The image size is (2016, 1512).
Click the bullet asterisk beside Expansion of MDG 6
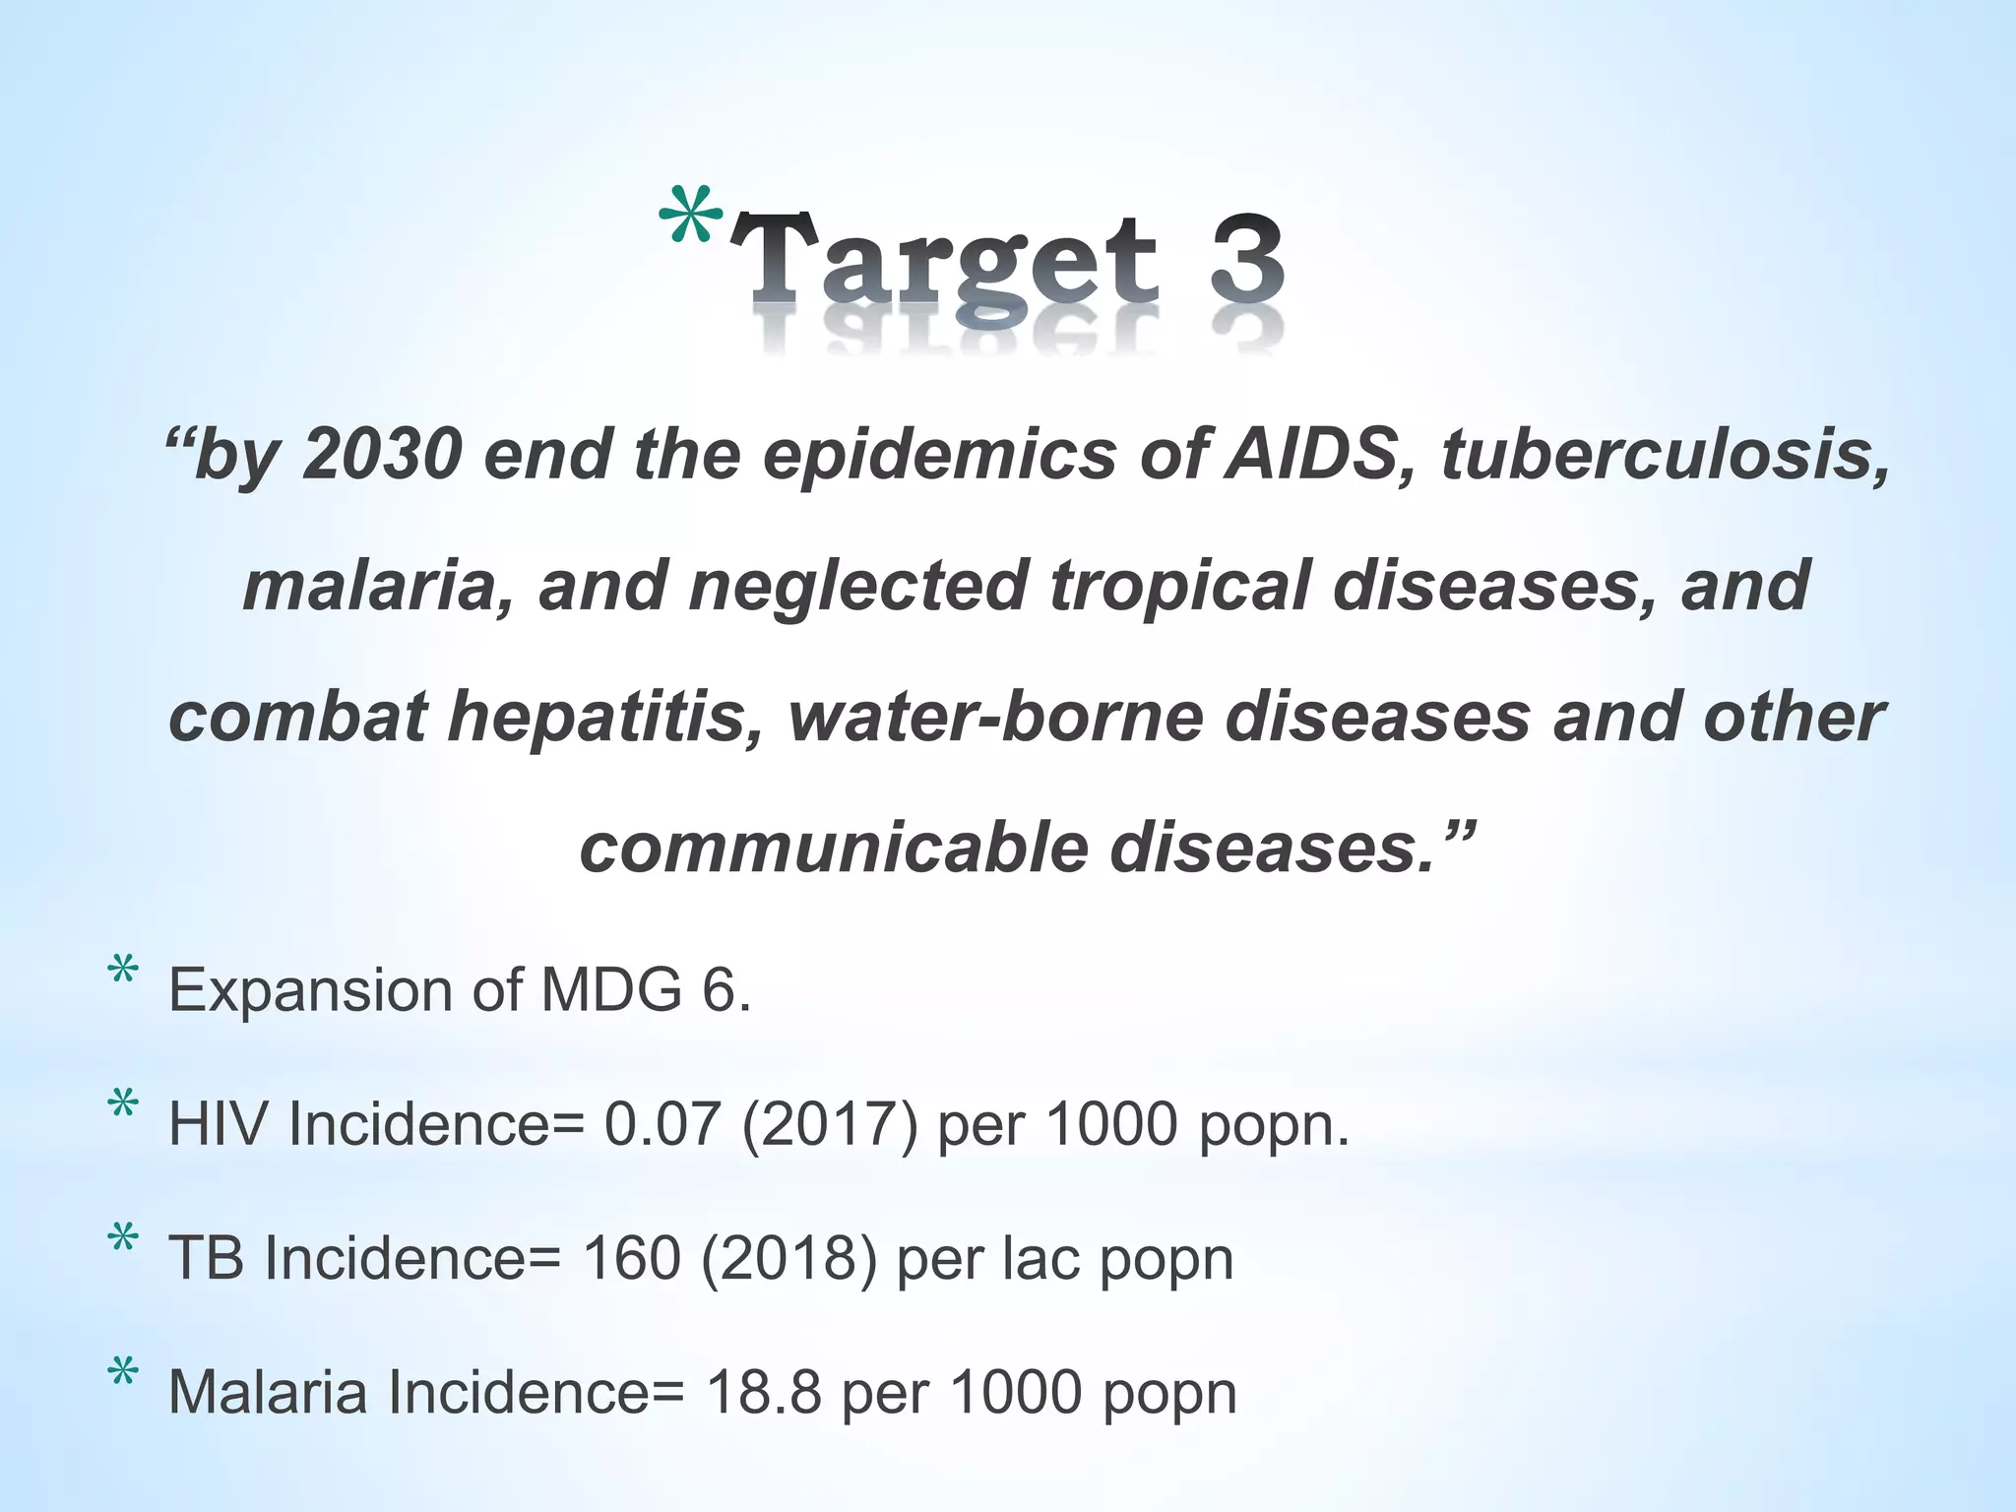pyautogui.click(x=123, y=974)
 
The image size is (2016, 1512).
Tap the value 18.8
pyautogui.click(x=763, y=1392)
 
